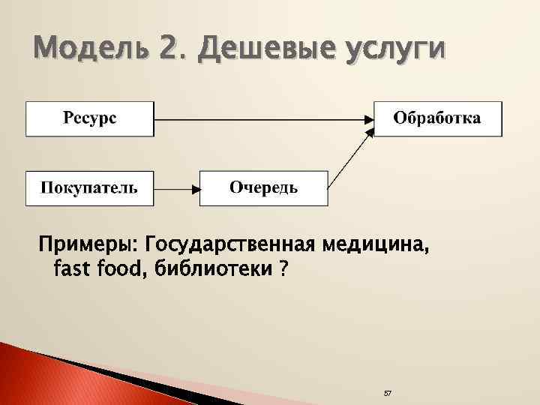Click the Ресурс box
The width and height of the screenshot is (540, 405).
pyautogui.click(x=90, y=118)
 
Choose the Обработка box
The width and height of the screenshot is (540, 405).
pyautogui.click(x=438, y=118)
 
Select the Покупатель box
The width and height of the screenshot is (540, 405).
pyautogui.click(x=90, y=187)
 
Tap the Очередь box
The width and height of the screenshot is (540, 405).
pyautogui.click(x=263, y=187)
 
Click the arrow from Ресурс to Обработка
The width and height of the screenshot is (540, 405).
pyautogui.click(x=262, y=118)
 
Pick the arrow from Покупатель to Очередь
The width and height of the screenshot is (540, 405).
pyautogui.click(x=176, y=188)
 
